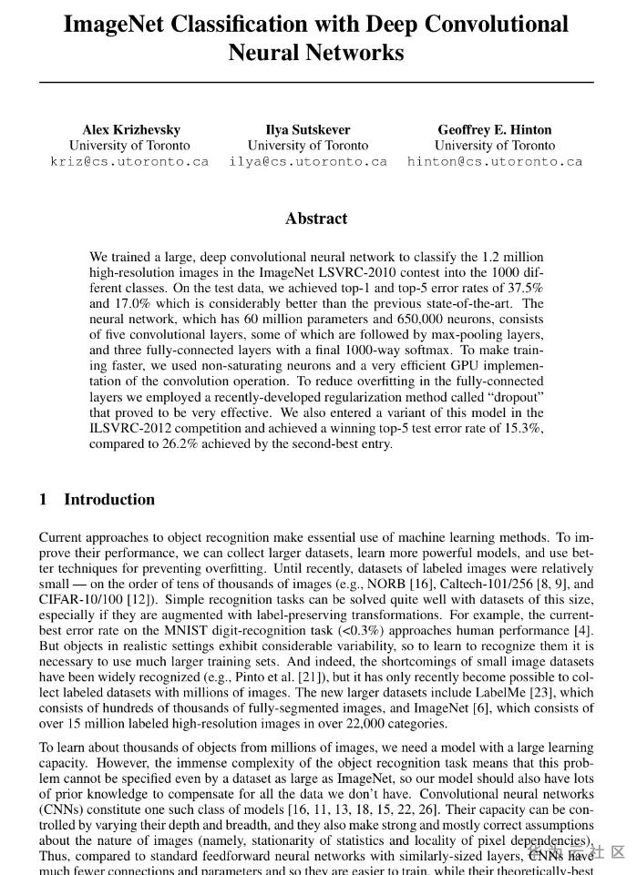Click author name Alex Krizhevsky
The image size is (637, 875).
click(x=131, y=129)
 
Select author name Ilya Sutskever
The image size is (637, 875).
click(x=308, y=129)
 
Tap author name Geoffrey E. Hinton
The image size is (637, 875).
click(x=494, y=129)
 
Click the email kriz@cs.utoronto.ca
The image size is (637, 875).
click(x=129, y=161)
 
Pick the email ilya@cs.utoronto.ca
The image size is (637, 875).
click(x=308, y=161)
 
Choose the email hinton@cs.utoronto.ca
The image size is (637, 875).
click(x=494, y=161)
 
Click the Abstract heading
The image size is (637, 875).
click(x=316, y=219)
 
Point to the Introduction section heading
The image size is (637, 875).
click(x=109, y=499)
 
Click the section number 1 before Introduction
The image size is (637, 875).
click(x=43, y=499)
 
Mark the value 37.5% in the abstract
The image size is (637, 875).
click(x=524, y=288)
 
